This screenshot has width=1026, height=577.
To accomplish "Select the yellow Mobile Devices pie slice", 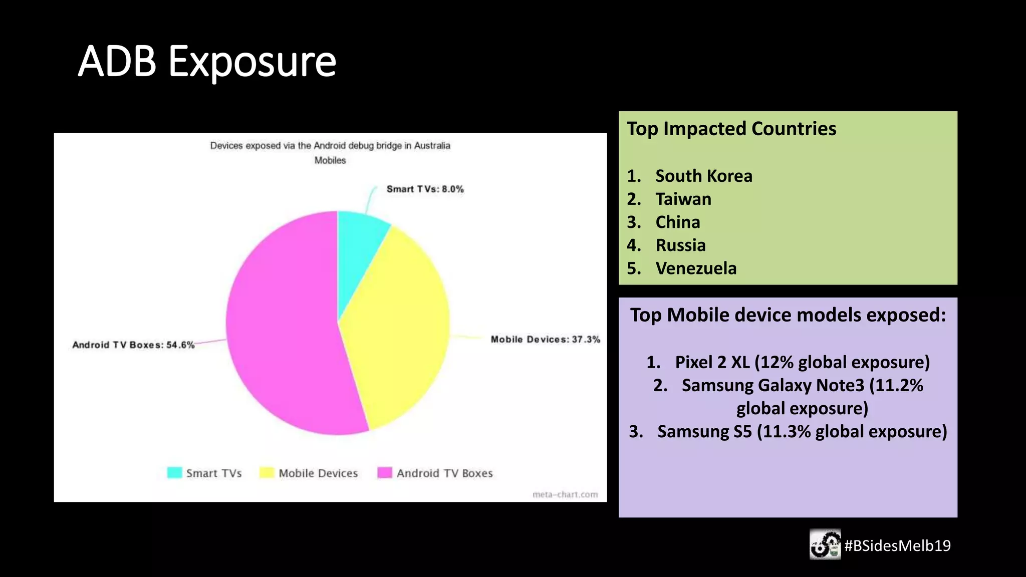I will tap(401, 326).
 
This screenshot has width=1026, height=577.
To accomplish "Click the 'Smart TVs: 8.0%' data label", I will tap(425, 189).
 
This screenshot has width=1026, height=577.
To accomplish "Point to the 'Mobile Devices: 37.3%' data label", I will tap(545, 340).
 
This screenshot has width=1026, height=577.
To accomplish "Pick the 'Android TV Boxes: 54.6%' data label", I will tap(133, 345).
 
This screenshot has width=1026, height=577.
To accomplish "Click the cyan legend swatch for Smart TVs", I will tap(174, 473).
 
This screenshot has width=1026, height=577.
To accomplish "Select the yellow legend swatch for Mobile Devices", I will tap(267, 473).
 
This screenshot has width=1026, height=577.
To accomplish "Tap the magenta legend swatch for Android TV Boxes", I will tap(385, 473).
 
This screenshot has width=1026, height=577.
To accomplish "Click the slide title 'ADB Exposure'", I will tap(207, 62).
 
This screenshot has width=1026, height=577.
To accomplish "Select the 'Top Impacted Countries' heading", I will tap(731, 129).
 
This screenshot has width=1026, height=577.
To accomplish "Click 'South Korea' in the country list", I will tap(703, 176).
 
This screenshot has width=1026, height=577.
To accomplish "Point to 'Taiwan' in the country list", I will tap(683, 199).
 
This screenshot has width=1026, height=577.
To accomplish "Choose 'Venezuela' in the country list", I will tap(696, 268).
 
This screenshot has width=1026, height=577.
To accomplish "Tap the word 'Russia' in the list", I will tap(680, 245).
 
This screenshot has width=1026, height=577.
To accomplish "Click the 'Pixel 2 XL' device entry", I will tap(712, 362).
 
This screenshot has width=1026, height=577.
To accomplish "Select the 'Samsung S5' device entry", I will tap(704, 432).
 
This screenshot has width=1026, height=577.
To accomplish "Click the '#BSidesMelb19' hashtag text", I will tap(897, 545).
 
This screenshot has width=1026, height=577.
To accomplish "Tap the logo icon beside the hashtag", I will tap(825, 544).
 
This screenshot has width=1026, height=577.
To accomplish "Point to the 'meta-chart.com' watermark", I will tap(565, 494).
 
